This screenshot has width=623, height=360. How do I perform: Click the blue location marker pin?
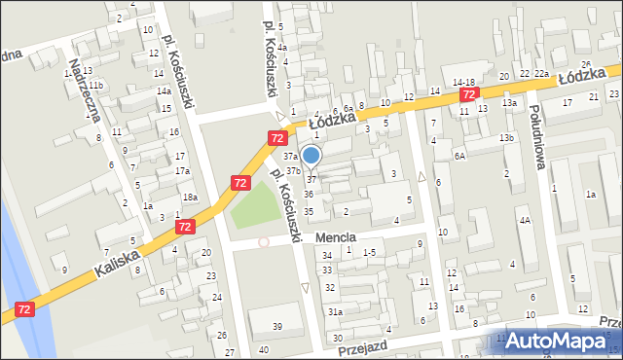click(311, 155)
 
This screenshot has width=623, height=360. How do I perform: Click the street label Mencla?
click(335, 236)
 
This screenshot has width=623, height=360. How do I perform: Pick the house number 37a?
click(290, 156)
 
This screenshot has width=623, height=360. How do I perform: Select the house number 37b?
click(293, 170)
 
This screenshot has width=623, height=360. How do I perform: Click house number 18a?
click(192, 198)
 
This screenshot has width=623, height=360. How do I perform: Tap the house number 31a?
click(334, 311)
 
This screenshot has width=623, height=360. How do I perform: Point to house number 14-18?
click(463, 83)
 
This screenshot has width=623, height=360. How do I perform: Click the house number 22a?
click(541, 73)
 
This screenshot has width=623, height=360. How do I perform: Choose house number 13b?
click(506, 138)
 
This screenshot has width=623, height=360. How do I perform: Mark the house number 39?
click(277, 326)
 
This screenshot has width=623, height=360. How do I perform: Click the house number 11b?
click(96, 87)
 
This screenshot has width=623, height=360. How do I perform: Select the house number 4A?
click(524, 221)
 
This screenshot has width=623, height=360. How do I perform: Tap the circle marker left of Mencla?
click(263, 242)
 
